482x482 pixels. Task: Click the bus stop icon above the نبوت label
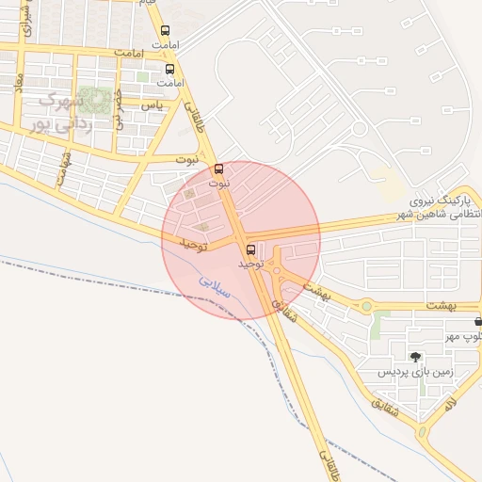pos(219,169)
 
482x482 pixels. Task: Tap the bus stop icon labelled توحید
pos(250,249)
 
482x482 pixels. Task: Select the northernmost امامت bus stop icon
pos(166,30)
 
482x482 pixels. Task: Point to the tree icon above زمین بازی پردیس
pos(415,357)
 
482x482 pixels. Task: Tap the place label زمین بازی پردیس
pos(415,372)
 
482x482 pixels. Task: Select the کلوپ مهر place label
pos(463,335)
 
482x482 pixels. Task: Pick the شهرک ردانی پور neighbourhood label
pos(61,111)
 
